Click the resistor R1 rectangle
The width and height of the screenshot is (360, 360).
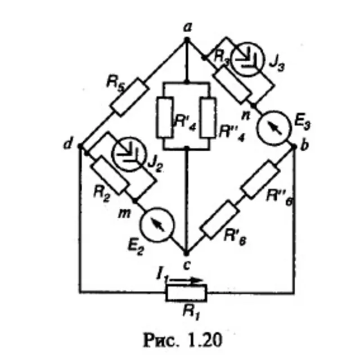point(186,292)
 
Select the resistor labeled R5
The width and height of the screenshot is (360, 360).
point(129,97)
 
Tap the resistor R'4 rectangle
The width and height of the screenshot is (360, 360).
point(165,118)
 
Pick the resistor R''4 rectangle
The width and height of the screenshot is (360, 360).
point(208,118)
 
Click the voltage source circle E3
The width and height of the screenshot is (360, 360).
point(274,128)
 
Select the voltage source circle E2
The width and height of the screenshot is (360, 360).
point(157,224)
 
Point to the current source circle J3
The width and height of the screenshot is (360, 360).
point(247,59)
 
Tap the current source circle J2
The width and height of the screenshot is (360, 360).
point(129,154)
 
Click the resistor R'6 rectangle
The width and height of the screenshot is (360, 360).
point(219,220)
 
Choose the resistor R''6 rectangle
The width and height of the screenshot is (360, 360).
point(260,179)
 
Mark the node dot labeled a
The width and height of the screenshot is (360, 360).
point(187,40)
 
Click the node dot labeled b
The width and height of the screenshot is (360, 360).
point(294,146)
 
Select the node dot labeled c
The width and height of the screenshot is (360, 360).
point(187,254)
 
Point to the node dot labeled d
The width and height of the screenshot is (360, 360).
point(80,146)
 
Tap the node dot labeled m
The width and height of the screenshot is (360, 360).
point(135,201)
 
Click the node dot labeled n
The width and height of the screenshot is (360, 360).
point(253,105)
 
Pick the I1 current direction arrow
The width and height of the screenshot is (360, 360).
point(186,280)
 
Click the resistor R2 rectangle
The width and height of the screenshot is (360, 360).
point(109,175)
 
